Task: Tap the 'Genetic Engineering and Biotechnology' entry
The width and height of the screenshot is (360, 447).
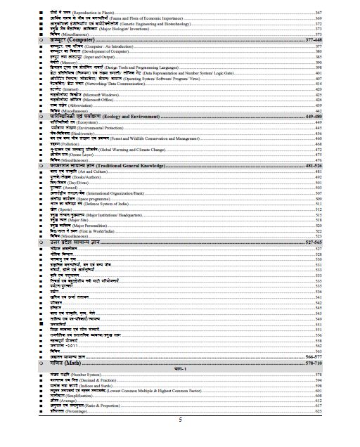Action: coord(112,27)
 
